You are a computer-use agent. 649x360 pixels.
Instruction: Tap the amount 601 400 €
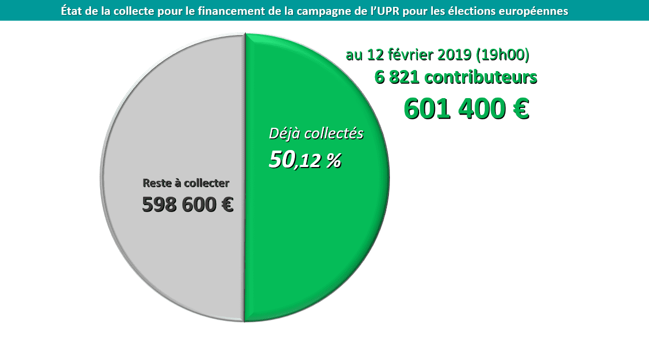(x=466, y=109)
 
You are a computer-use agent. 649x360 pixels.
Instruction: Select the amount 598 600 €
(x=188, y=205)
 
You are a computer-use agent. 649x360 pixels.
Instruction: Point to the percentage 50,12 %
(x=305, y=160)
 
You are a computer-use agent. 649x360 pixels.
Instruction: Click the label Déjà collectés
(x=316, y=134)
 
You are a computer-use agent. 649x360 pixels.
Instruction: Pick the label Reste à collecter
(x=186, y=183)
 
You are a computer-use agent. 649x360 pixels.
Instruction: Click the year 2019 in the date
(x=455, y=55)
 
